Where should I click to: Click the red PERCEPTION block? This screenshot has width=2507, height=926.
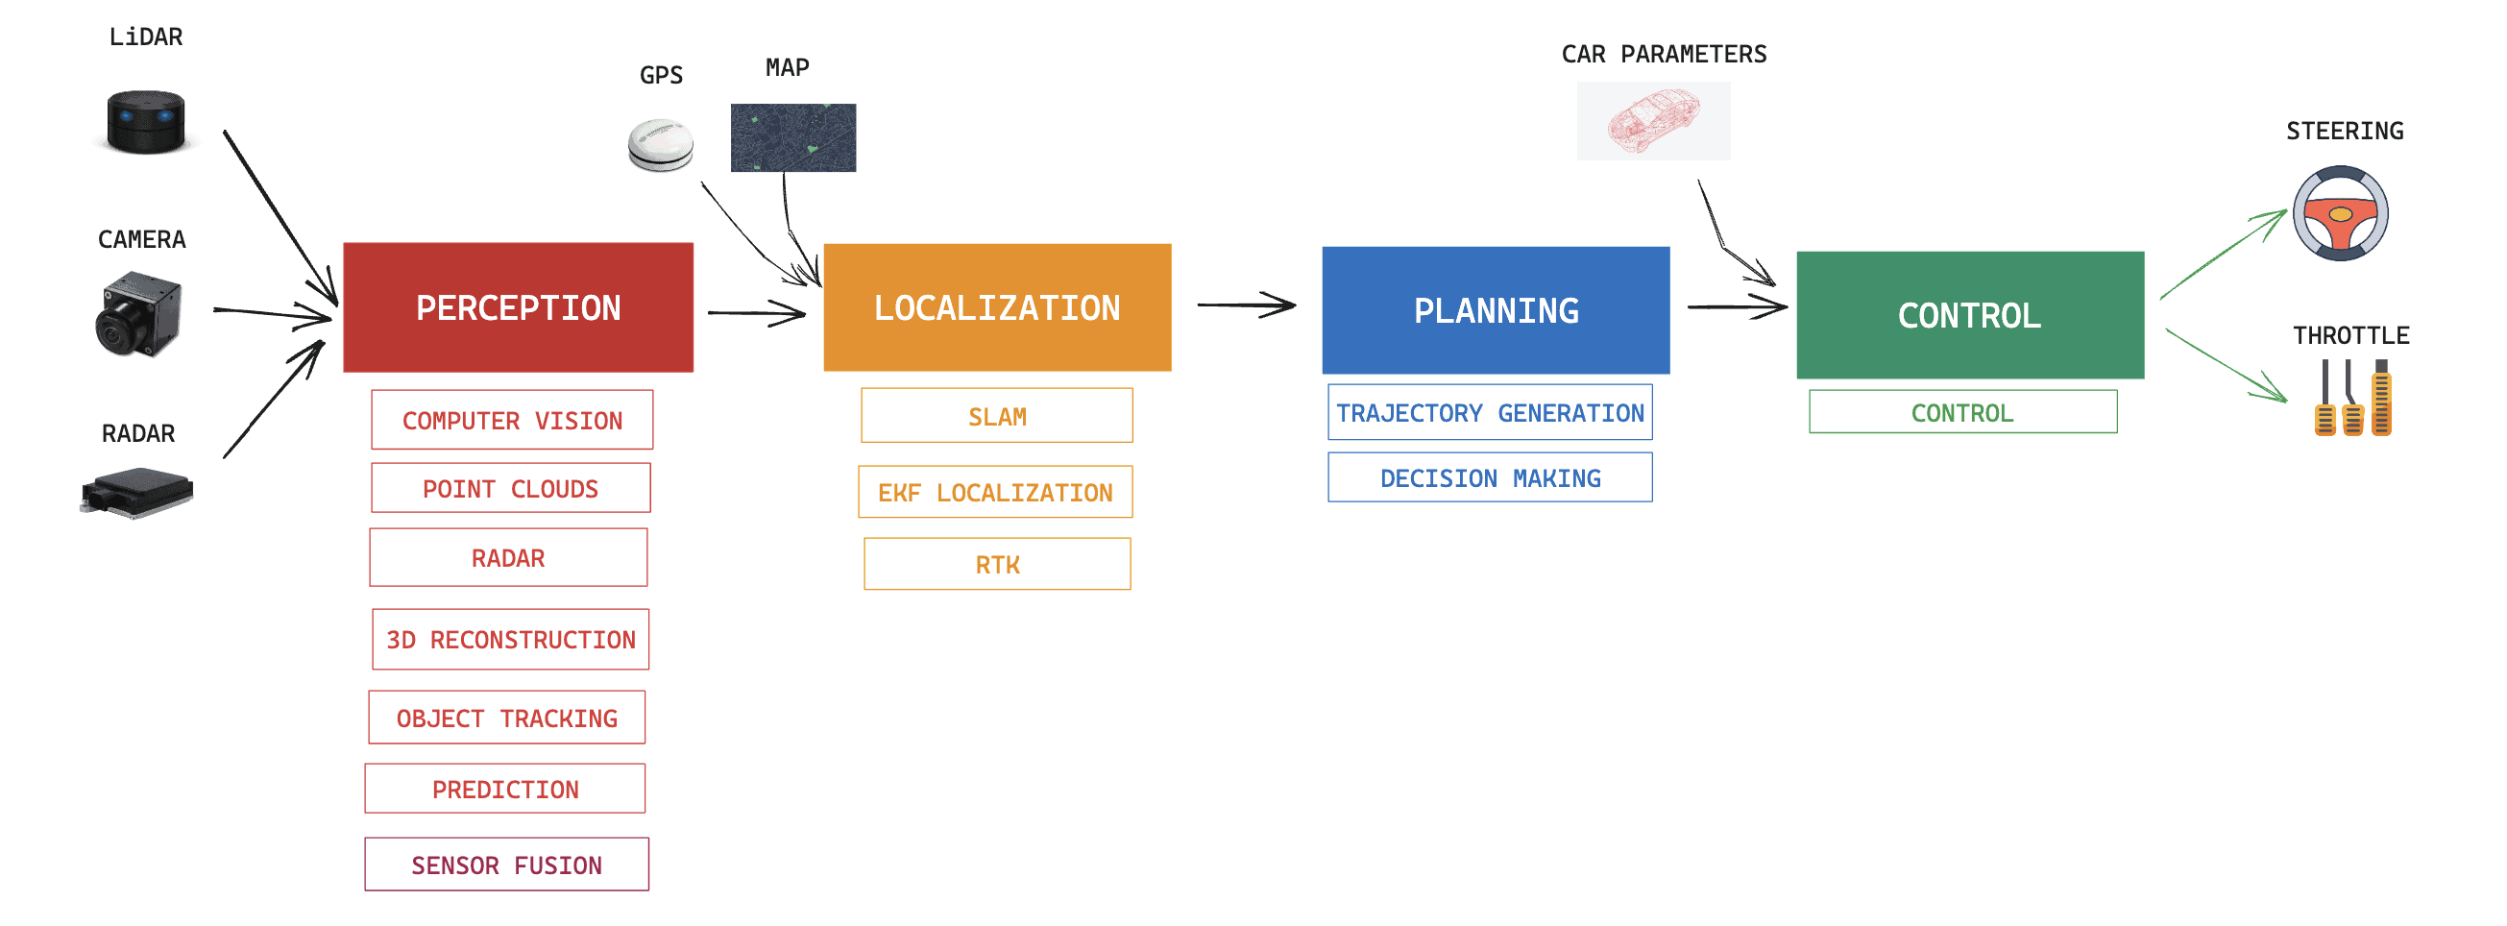pyautogui.click(x=518, y=307)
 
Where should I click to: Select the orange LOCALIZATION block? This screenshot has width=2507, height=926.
pyautogui.click(x=997, y=307)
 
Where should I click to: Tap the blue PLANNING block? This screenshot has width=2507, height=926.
pyautogui.click(x=1495, y=310)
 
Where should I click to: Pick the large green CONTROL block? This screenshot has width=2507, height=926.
pyautogui.click(x=1969, y=315)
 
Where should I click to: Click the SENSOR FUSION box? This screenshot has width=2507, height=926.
pyautogui.click(x=506, y=864)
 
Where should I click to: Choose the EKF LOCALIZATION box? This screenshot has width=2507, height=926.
pyautogui.click(x=994, y=492)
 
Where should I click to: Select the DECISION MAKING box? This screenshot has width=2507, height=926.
pyautogui.click(x=1489, y=477)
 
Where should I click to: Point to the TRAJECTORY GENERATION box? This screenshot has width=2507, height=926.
pyautogui.click(x=1489, y=412)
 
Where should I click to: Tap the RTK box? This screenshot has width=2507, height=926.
pyautogui.click(x=997, y=564)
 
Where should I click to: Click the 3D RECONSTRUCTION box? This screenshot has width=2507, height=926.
pyautogui.click(x=510, y=639)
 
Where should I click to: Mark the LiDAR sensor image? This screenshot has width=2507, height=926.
pyautogui.click(x=146, y=122)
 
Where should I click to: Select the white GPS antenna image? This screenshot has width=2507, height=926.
pyautogui.click(x=661, y=145)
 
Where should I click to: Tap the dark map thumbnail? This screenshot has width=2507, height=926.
pyautogui.click(x=793, y=137)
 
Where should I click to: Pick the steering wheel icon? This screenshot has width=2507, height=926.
pyautogui.click(x=2340, y=213)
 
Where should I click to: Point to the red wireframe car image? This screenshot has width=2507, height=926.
pyautogui.click(x=1652, y=121)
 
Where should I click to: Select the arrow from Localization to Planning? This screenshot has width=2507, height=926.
pyautogui.click(x=1246, y=305)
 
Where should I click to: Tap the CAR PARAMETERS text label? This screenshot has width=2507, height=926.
pyautogui.click(x=1664, y=55)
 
